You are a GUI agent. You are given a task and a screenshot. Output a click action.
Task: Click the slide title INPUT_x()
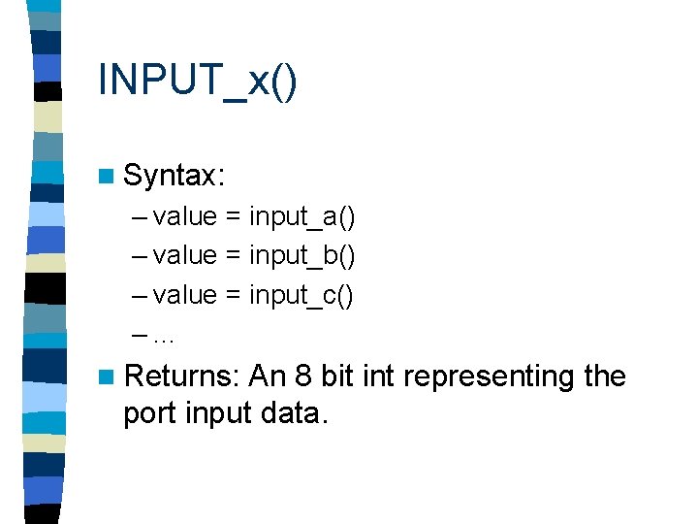pos(197,80)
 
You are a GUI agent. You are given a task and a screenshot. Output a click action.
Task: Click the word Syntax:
pos(174,176)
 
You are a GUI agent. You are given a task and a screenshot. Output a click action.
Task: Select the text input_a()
pos(302,216)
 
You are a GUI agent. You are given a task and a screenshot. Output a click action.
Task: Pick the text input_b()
pos(302,255)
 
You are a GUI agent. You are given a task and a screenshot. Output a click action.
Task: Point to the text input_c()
pos(302,295)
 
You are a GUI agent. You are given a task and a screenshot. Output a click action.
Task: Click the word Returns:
pos(182,377)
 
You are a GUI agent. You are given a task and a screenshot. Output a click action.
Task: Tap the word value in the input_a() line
pos(185,216)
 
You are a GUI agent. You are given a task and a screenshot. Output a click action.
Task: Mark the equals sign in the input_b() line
pos(234,256)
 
